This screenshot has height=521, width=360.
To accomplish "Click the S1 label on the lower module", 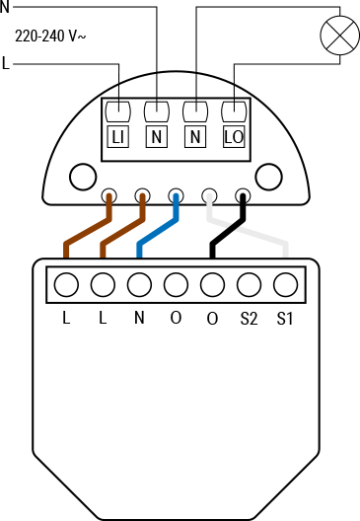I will [x=285, y=319].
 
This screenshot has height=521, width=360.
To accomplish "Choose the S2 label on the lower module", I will [x=249, y=319].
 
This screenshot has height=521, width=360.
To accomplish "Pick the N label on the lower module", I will [x=139, y=319].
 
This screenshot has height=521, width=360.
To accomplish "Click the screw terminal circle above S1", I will [x=285, y=285].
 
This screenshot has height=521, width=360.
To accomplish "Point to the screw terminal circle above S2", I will [x=249, y=285].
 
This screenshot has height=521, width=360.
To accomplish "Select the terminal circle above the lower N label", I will [x=139, y=285].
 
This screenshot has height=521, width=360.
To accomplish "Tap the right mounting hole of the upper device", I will [x=268, y=177].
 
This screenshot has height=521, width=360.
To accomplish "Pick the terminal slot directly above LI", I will [x=117, y=110].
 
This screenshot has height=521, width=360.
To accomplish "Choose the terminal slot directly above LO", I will [x=233, y=110].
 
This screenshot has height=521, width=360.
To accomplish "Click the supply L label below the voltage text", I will [x=7, y=64].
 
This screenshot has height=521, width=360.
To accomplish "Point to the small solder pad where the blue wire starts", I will [x=176, y=195].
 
